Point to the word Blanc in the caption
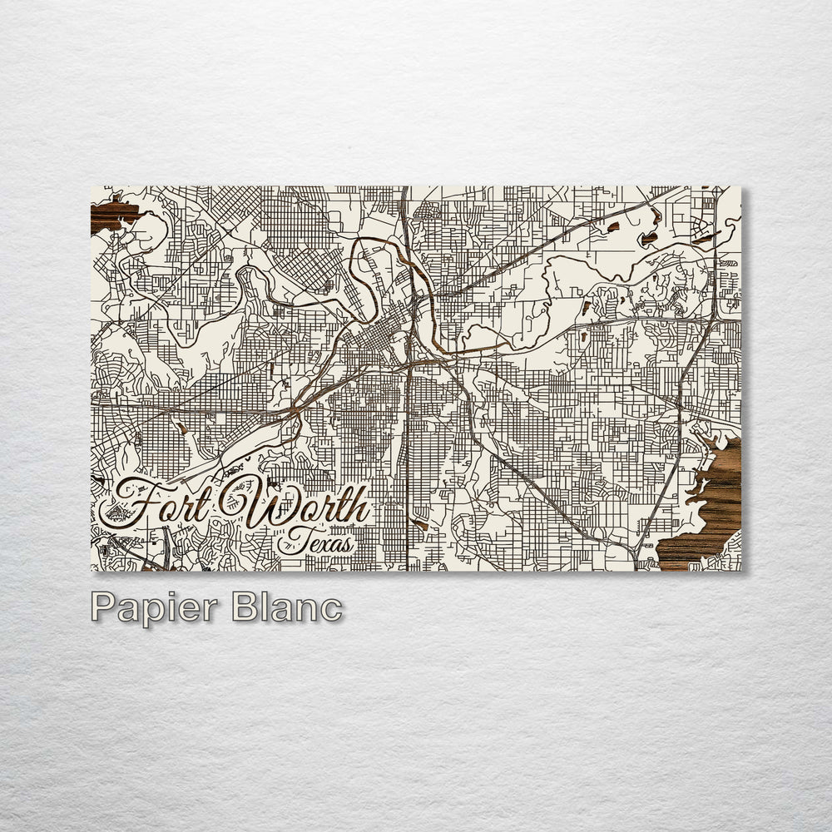click(x=287, y=607)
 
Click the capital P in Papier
click(x=103, y=607)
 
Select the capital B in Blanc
click(x=245, y=607)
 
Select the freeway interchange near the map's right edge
click(x=714, y=318)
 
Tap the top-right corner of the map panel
click(x=740, y=186)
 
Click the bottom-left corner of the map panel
click(x=91, y=571)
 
